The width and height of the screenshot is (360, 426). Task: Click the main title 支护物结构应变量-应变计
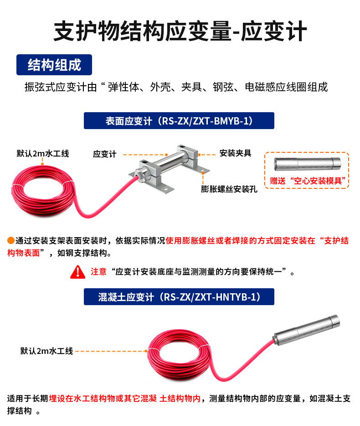[180, 31]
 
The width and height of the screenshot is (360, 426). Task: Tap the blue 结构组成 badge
[54, 65]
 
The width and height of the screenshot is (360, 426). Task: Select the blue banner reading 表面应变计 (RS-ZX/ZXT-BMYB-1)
[179, 121]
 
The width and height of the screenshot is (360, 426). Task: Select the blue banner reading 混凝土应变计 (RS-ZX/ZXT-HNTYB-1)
[179, 297]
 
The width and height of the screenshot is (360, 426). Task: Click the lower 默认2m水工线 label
[46, 351]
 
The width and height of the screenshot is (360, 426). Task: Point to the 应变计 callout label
[105, 154]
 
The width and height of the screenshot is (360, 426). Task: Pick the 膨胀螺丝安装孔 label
[229, 189]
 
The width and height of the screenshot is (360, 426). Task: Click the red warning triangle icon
[77, 272]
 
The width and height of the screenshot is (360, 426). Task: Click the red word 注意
[98, 272]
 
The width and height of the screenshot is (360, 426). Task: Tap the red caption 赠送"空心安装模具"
[306, 180]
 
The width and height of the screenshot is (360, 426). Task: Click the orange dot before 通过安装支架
[11, 241]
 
